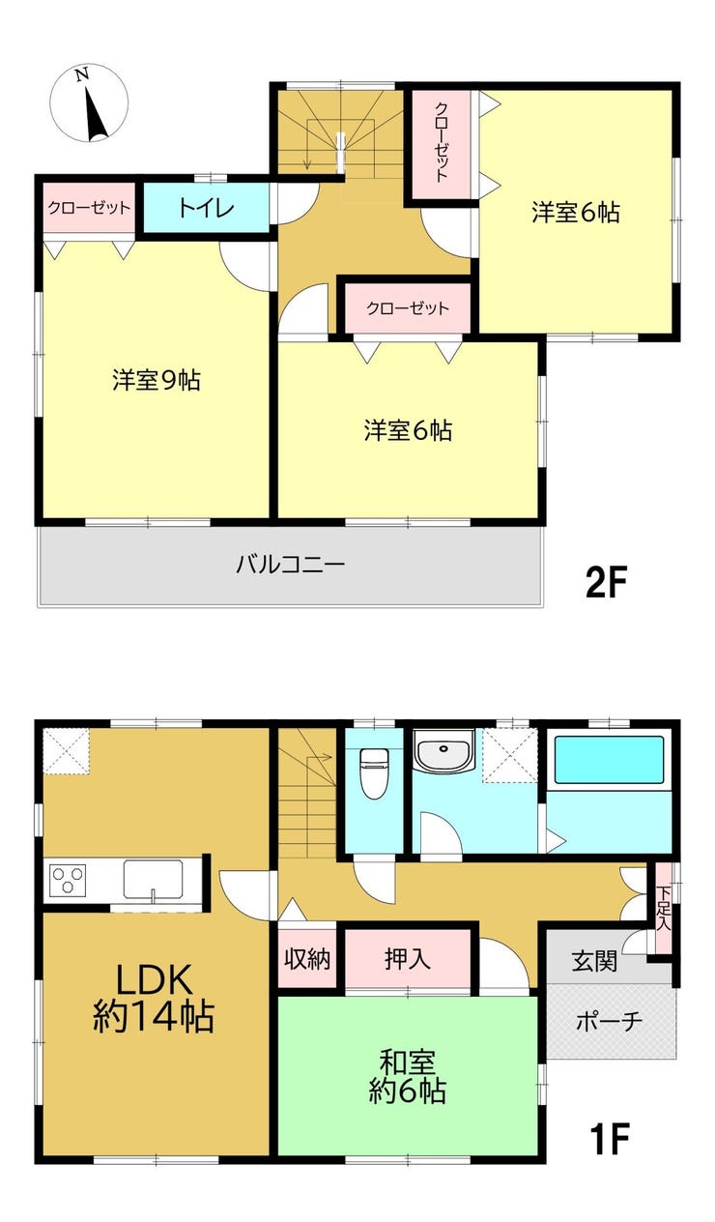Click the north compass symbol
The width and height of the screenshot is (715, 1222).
pyautogui.click(x=90, y=103)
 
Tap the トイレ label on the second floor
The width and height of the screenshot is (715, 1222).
pyautogui.click(x=206, y=209)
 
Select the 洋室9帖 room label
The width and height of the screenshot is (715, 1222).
pyautogui.click(x=157, y=380)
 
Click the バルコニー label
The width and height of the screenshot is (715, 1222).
pyautogui.click(x=290, y=564)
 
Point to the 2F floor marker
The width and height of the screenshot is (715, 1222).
pyautogui.click(x=607, y=582)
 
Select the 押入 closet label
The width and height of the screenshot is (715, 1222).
pyautogui.click(x=408, y=958)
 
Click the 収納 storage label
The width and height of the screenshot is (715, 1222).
pyautogui.click(x=307, y=958)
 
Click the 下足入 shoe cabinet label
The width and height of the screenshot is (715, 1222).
pyautogui.click(x=663, y=909)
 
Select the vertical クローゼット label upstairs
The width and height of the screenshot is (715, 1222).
pyautogui.click(x=442, y=142)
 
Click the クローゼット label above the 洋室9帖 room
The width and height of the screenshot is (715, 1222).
pyautogui.click(x=90, y=208)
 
